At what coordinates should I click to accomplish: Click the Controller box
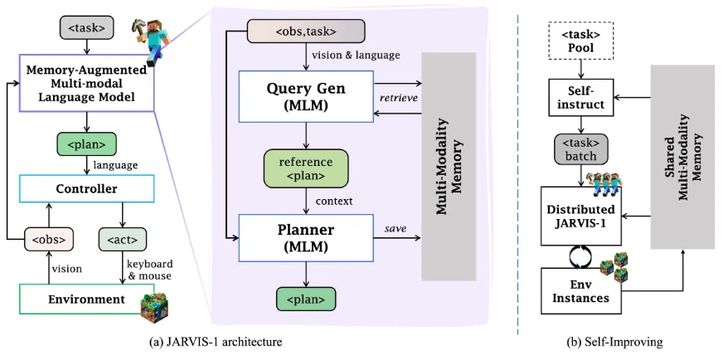[x=86, y=188]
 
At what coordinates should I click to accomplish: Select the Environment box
[x=86, y=299]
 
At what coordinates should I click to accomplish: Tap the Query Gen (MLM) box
[x=306, y=96]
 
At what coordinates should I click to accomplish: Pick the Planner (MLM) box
[x=306, y=238]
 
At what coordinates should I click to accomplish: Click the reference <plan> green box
[x=305, y=169]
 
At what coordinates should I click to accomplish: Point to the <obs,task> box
[x=305, y=32]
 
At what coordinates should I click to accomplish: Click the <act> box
[x=123, y=239]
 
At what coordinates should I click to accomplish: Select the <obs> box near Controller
[x=49, y=239]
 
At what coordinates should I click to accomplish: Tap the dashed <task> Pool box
[x=581, y=41]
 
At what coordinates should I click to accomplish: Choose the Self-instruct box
[x=581, y=97]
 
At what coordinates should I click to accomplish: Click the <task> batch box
[x=580, y=150]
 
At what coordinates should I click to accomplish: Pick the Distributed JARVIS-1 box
[x=581, y=216]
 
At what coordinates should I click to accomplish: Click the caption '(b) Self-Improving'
[x=614, y=343]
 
